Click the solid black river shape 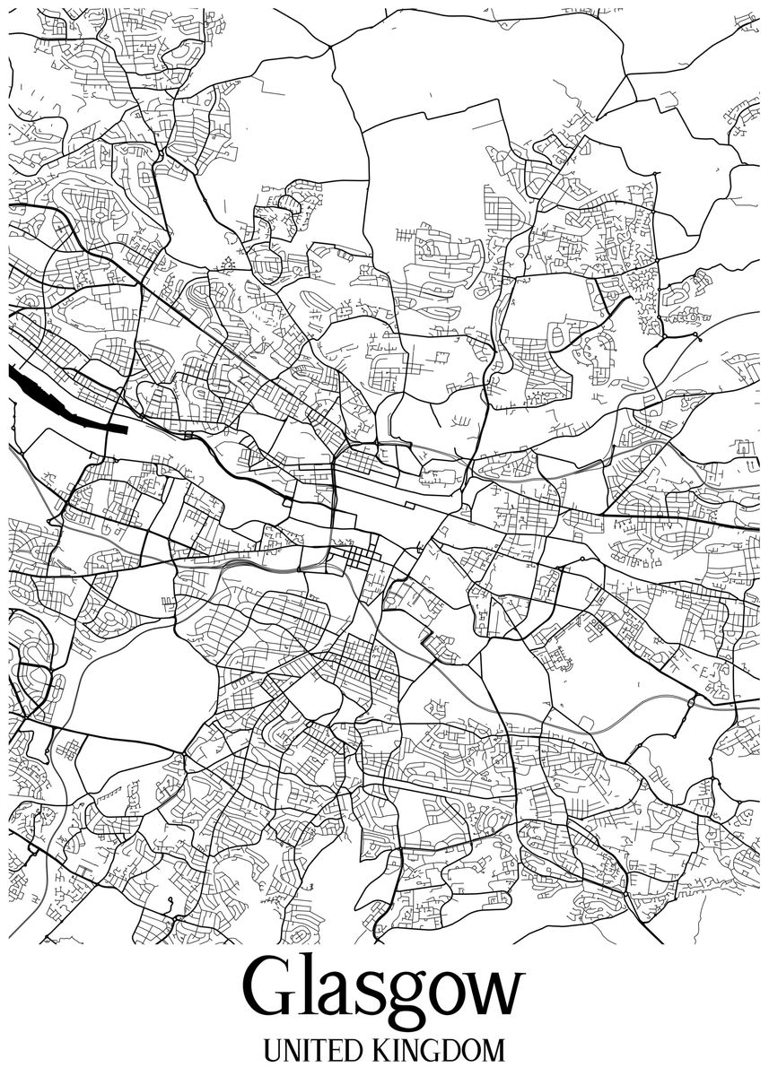pos(54,400)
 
